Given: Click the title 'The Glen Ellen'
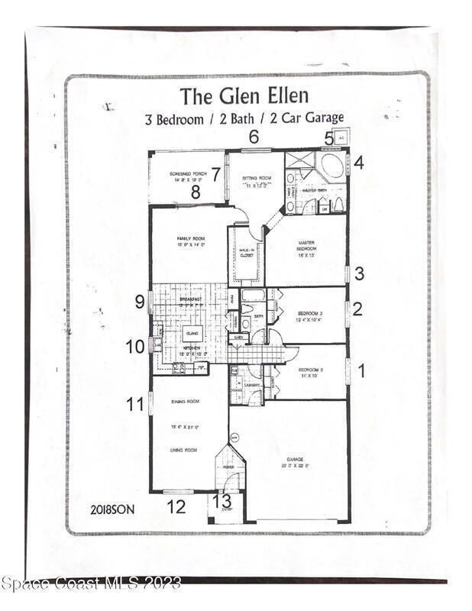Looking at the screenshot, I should [x=244, y=96].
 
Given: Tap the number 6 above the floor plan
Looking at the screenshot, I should [x=254, y=137].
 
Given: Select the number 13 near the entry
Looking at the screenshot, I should [x=221, y=501].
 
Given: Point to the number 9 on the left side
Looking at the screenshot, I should [x=140, y=302].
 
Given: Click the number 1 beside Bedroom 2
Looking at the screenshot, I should [x=361, y=371].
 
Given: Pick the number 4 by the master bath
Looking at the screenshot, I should [x=358, y=162].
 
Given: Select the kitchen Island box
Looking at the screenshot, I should [x=192, y=333].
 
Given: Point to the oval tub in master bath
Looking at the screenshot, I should [x=332, y=166].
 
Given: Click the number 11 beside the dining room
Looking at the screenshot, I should [x=135, y=404].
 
